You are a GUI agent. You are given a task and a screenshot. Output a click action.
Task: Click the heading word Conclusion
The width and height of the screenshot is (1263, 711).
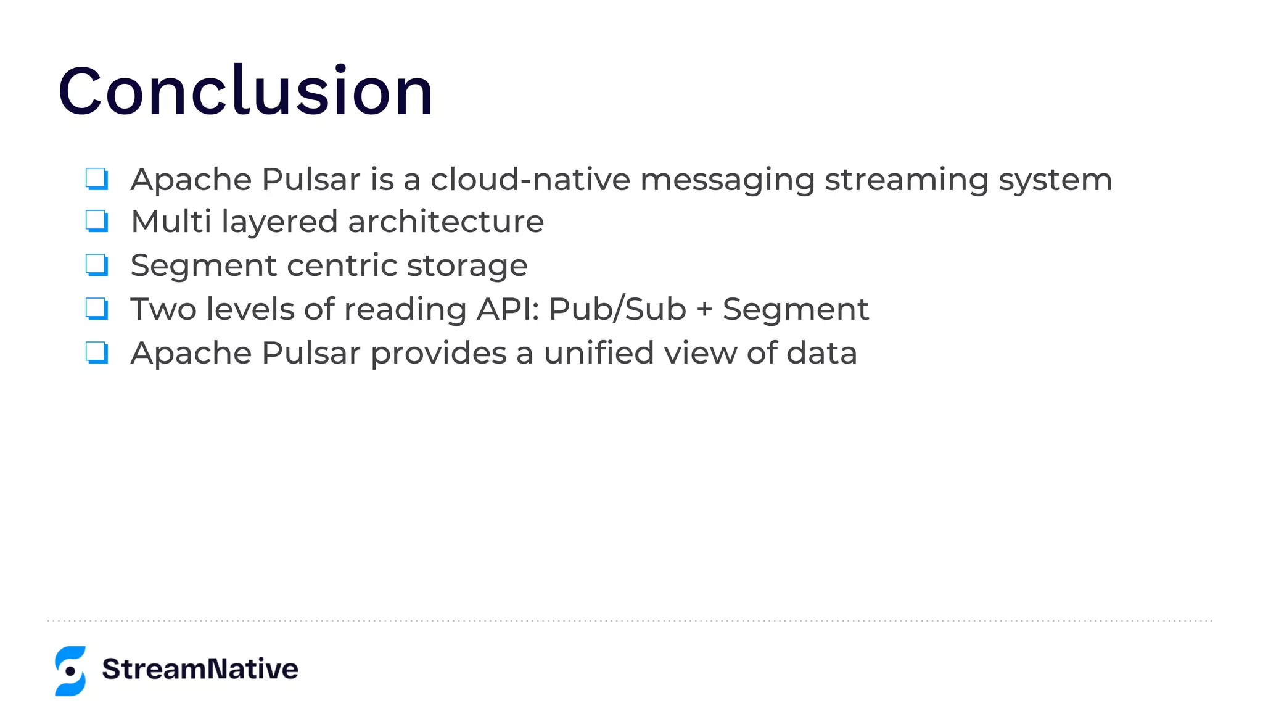click(245, 91)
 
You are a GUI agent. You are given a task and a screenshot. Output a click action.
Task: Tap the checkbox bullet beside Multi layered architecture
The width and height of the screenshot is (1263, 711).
click(97, 221)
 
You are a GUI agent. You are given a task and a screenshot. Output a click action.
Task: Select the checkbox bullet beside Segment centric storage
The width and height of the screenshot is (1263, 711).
click(97, 265)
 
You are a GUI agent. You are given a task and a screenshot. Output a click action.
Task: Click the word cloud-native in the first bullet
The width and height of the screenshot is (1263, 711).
click(530, 180)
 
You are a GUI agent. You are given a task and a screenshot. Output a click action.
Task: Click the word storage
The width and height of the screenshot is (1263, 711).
click(467, 266)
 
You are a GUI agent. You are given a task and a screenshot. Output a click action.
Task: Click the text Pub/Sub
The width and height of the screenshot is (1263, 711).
click(617, 309)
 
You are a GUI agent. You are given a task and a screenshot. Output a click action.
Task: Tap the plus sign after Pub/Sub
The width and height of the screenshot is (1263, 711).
click(704, 310)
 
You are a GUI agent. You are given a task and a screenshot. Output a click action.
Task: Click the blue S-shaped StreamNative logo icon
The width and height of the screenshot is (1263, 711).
click(70, 671)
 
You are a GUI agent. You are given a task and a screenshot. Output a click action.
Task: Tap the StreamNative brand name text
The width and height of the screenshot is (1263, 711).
click(200, 669)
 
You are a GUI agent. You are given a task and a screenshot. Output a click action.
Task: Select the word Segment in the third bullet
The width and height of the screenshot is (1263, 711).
click(204, 266)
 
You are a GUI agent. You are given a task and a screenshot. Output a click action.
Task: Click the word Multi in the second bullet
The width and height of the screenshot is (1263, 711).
click(171, 221)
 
